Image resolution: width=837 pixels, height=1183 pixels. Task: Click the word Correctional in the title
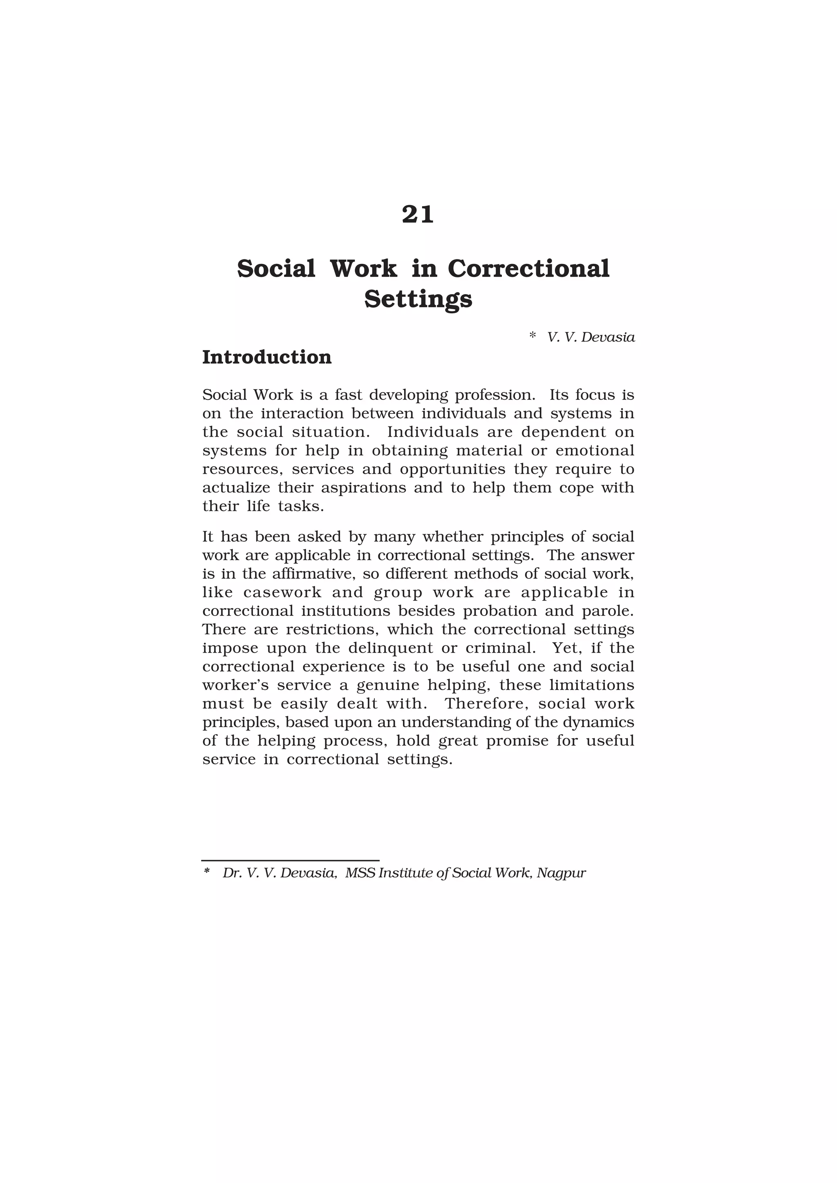(x=528, y=268)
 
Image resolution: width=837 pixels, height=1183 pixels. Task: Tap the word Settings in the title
(x=418, y=299)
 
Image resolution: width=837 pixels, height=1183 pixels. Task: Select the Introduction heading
(x=266, y=357)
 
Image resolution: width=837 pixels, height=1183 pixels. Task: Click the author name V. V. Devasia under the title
(x=591, y=337)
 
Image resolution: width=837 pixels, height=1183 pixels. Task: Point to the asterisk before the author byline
(x=533, y=336)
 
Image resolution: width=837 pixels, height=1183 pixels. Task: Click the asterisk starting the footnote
(x=207, y=871)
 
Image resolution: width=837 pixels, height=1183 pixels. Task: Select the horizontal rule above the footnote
(x=290, y=860)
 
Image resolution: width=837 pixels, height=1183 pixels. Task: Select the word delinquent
(x=391, y=647)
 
